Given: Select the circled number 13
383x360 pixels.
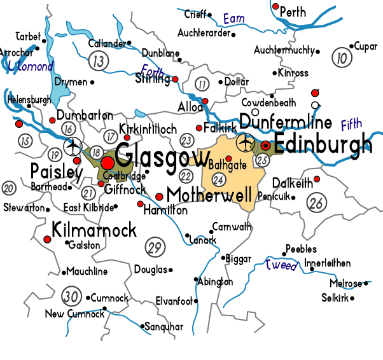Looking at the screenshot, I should [x=98, y=62].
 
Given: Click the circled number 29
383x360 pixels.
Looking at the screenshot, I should [x=154, y=247].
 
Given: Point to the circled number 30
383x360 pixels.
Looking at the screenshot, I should [x=72, y=296].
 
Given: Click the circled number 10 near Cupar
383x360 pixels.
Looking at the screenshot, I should [x=343, y=59].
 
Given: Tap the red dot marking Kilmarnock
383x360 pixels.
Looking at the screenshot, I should [x=46, y=239].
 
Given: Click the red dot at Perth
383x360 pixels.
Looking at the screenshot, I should [x=275, y=6].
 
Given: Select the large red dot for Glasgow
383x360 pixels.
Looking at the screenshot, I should [x=108, y=163].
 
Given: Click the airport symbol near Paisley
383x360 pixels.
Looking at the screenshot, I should [x=74, y=145].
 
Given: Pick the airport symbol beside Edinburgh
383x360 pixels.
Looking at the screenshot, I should [x=245, y=141].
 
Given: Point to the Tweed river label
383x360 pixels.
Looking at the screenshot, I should [x=281, y=265].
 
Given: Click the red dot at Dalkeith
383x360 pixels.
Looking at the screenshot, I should [x=316, y=179].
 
